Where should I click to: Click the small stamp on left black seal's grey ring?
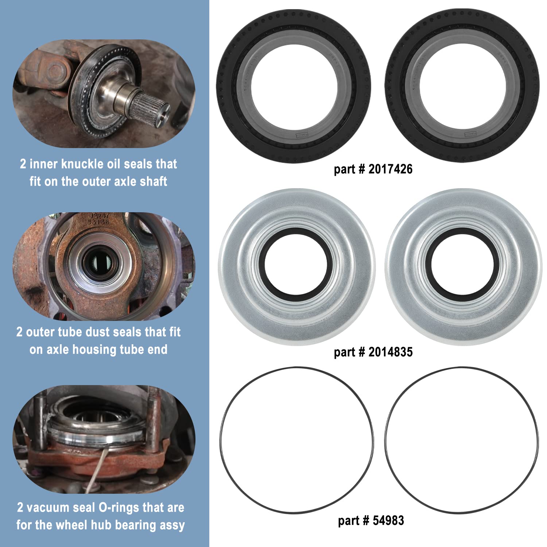[x=302, y=135]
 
